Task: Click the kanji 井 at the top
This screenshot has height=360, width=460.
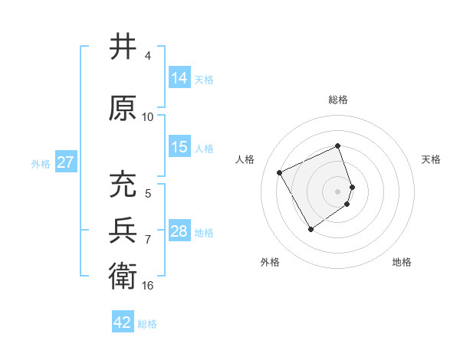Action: (123, 47)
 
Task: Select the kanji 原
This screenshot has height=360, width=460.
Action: (123, 109)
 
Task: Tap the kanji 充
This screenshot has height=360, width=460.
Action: (123, 185)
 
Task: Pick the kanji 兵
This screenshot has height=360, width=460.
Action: (123, 231)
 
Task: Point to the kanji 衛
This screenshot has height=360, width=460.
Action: (123, 273)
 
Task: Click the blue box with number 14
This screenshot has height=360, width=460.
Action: (179, 78)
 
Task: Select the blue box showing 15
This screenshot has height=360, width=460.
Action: (179, 147)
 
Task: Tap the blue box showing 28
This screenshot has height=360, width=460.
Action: (179, 231)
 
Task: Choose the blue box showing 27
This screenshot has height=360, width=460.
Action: (65, 162)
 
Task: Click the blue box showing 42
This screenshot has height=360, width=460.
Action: (123, 322)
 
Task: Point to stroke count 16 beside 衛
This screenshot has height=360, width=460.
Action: (148, 285)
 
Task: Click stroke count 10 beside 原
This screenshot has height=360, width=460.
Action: (148, 116)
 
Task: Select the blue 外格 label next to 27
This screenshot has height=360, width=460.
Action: (41, 163)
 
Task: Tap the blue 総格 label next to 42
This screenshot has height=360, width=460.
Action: (147, 324)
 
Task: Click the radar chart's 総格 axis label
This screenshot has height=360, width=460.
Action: (338, 100)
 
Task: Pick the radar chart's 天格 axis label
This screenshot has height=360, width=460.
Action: (431, 159)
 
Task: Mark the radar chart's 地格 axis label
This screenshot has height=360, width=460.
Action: (402, 262)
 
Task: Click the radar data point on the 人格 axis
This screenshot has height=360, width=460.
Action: (280, 172)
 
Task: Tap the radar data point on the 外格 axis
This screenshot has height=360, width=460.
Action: (310, 229)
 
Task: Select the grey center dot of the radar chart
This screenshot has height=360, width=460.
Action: (338, 191)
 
